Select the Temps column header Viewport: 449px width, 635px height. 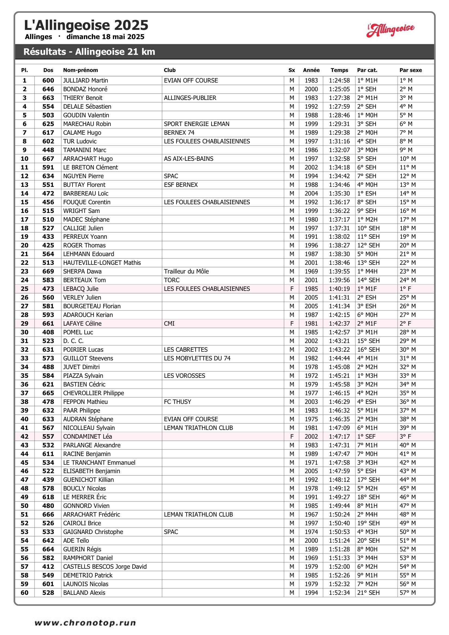[339, 70]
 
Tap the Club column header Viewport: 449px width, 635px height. [169, 70]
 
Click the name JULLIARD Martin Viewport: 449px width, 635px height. [86, 80]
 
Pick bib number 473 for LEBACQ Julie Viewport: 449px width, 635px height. [48, 289]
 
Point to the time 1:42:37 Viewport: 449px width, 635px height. [339, 323]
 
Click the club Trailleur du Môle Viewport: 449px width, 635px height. [186, 271]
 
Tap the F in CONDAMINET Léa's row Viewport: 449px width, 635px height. [291, 436]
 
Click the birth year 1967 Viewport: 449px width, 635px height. [311, 514]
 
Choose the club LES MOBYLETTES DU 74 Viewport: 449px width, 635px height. [197, 358]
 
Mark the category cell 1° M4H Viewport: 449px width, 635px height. [367, 271]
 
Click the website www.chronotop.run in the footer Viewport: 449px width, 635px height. [85, 623]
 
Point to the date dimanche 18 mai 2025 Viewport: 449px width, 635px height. [105, 37]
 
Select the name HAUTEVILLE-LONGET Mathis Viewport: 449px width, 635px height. [102, 263]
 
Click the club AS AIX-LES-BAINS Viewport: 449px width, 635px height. [189, 159]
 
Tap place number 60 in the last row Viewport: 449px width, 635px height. [25, 593]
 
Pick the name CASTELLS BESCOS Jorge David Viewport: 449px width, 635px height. [105, 567]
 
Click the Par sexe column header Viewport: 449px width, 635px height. [410, 70]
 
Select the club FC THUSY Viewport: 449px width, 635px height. [177, 402]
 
